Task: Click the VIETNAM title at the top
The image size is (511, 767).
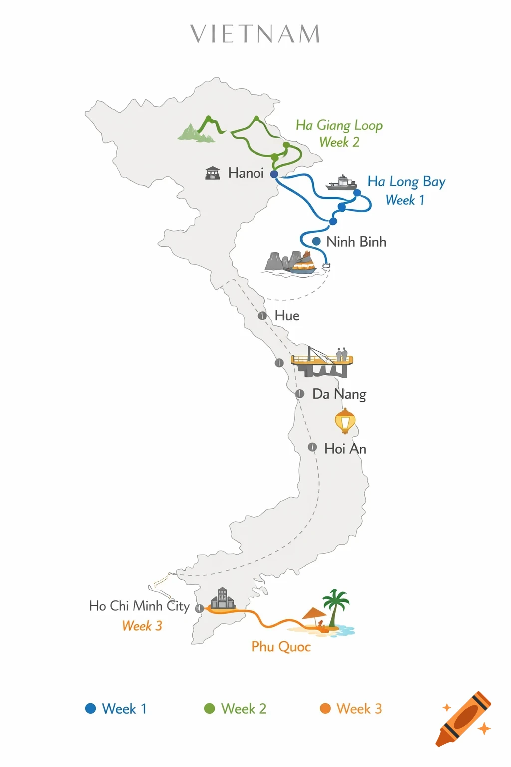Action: tap(255, 34)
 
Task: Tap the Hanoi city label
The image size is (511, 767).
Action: tap(246, 173)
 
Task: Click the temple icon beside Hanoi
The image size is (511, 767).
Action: tap(213, 173)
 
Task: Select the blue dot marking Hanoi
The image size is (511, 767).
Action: tap(274, 174)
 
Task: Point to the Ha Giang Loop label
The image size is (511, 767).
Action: tap(339, 125)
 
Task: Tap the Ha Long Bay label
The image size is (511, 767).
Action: tap(406, 181)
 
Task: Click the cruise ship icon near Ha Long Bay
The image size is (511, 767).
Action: tap(341, 183)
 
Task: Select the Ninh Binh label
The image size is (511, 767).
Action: tap(356, 242)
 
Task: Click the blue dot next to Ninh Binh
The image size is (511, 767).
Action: tap(316, 241)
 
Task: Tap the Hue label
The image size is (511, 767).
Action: tap(287, 316)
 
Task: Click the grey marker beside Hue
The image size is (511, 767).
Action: tap(262, 316)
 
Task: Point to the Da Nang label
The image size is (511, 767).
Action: tap(339, 394)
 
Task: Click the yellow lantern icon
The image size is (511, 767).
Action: tap(345, 421)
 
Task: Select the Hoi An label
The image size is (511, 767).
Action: tap(345, 449)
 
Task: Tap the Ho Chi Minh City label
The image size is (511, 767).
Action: tap(139, 606)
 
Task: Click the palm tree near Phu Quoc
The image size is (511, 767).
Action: tap(336, 605)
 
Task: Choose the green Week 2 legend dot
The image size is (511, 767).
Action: tap(210, 709)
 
